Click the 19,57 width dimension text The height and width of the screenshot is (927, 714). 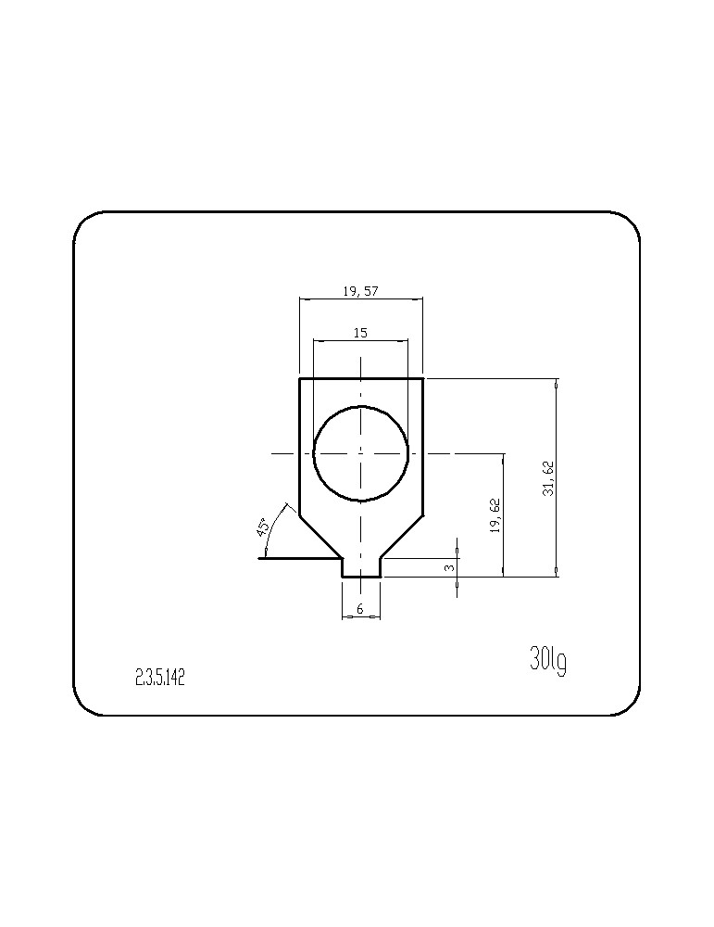(x=359, y=290)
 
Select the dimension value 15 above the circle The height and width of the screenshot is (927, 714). (x=360, y=333)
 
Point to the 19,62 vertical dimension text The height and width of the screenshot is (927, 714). (x=495, y=516)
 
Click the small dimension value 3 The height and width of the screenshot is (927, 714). (x=449, y=567)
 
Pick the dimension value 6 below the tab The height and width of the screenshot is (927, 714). (x=361, y=608)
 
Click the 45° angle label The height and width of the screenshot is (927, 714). (x=263, y=527)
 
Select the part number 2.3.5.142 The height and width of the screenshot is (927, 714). (x=160, y=678)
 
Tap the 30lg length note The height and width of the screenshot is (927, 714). (x=548, y=661)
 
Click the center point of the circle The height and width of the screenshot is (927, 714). (x=361, y=453)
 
